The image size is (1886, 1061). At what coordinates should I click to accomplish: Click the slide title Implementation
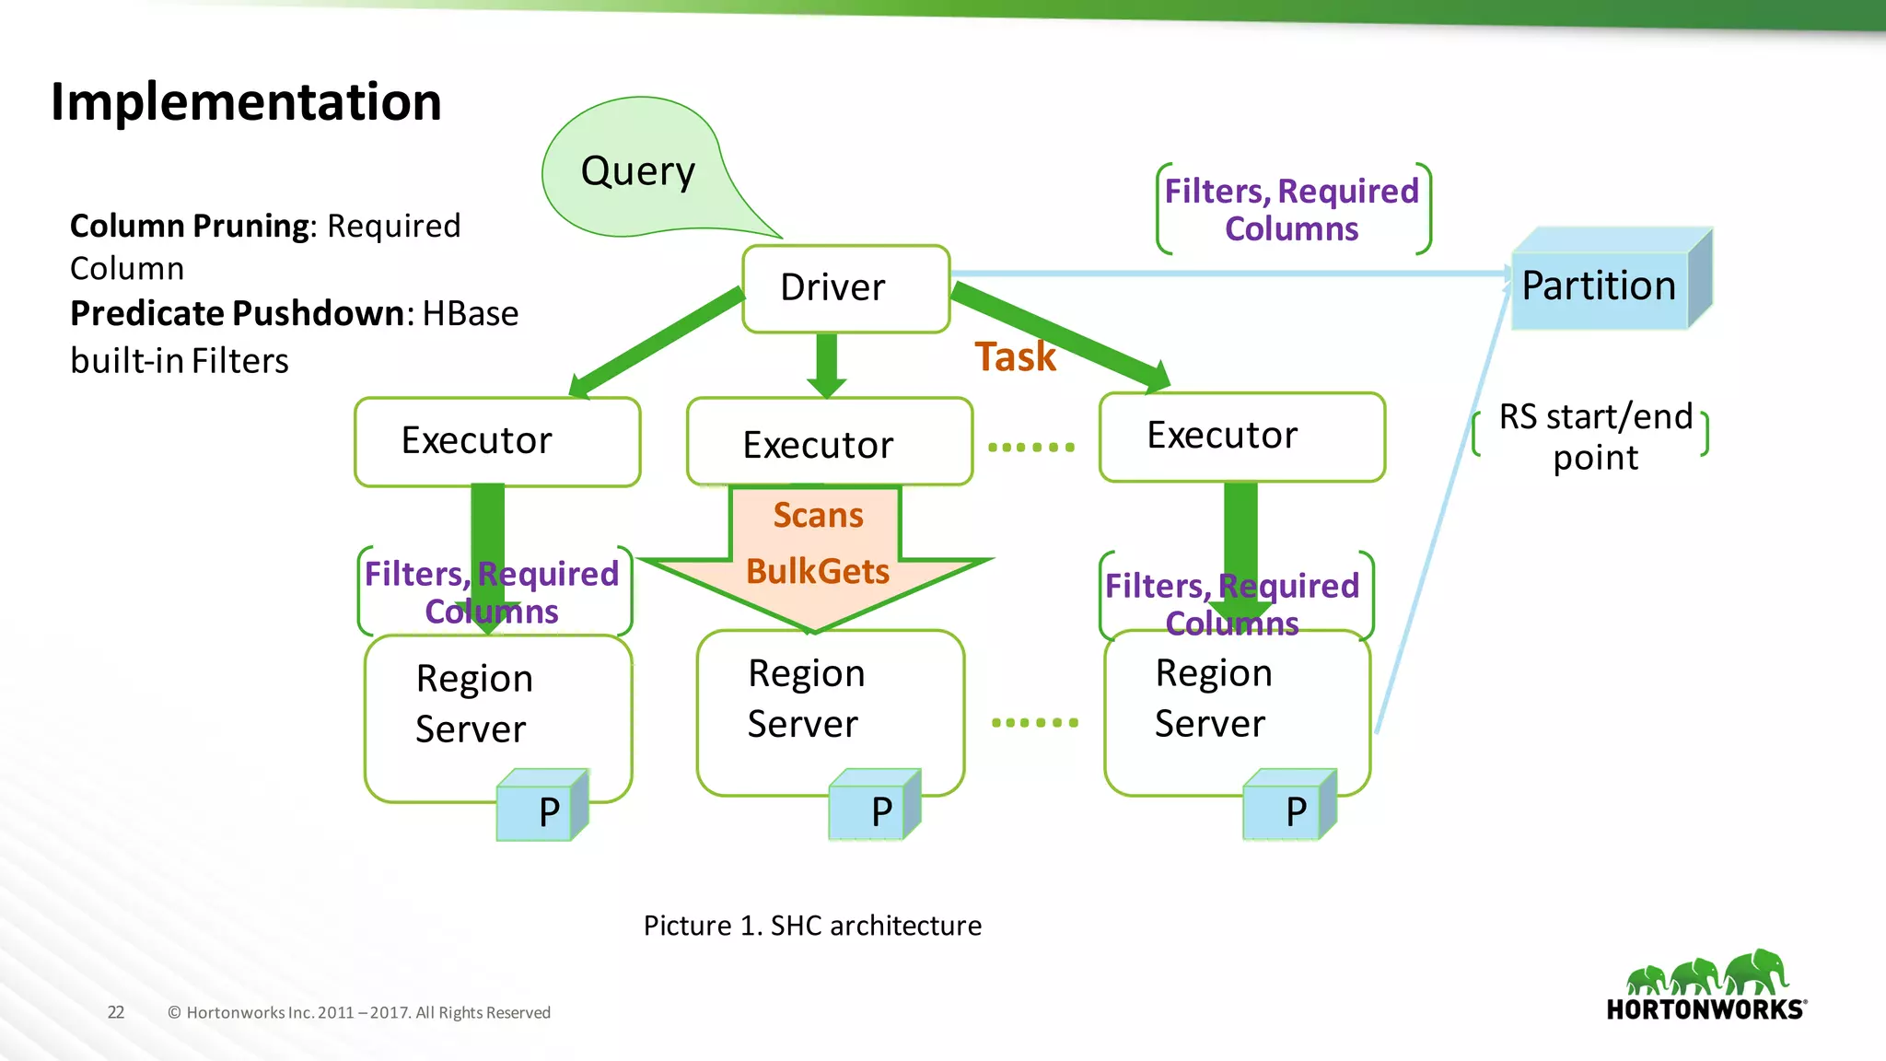(246, 101)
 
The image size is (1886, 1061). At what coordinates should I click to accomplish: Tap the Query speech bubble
(637, 171)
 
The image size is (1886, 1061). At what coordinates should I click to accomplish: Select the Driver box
(844, 288)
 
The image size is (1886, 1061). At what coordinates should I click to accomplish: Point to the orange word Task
(1015, 357)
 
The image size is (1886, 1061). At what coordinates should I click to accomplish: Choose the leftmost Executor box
(496, 441)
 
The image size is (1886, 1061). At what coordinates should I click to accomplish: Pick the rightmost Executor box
(1241, 437)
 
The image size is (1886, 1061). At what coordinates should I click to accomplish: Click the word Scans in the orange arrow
(818, 515)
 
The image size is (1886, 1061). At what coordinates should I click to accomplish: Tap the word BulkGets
(818, 571)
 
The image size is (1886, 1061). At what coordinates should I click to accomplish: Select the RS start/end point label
(1595, 437)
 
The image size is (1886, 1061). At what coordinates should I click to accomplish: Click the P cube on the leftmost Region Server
(541, 808)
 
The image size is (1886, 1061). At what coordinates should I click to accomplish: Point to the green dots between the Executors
(1031, 448)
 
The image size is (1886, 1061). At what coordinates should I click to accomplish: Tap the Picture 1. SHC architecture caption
(812, 926)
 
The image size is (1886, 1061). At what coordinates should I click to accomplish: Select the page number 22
(116, 1012)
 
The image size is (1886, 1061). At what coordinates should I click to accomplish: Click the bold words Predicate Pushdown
(237, 314)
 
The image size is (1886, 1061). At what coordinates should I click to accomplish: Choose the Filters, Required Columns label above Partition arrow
(1292, 210)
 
